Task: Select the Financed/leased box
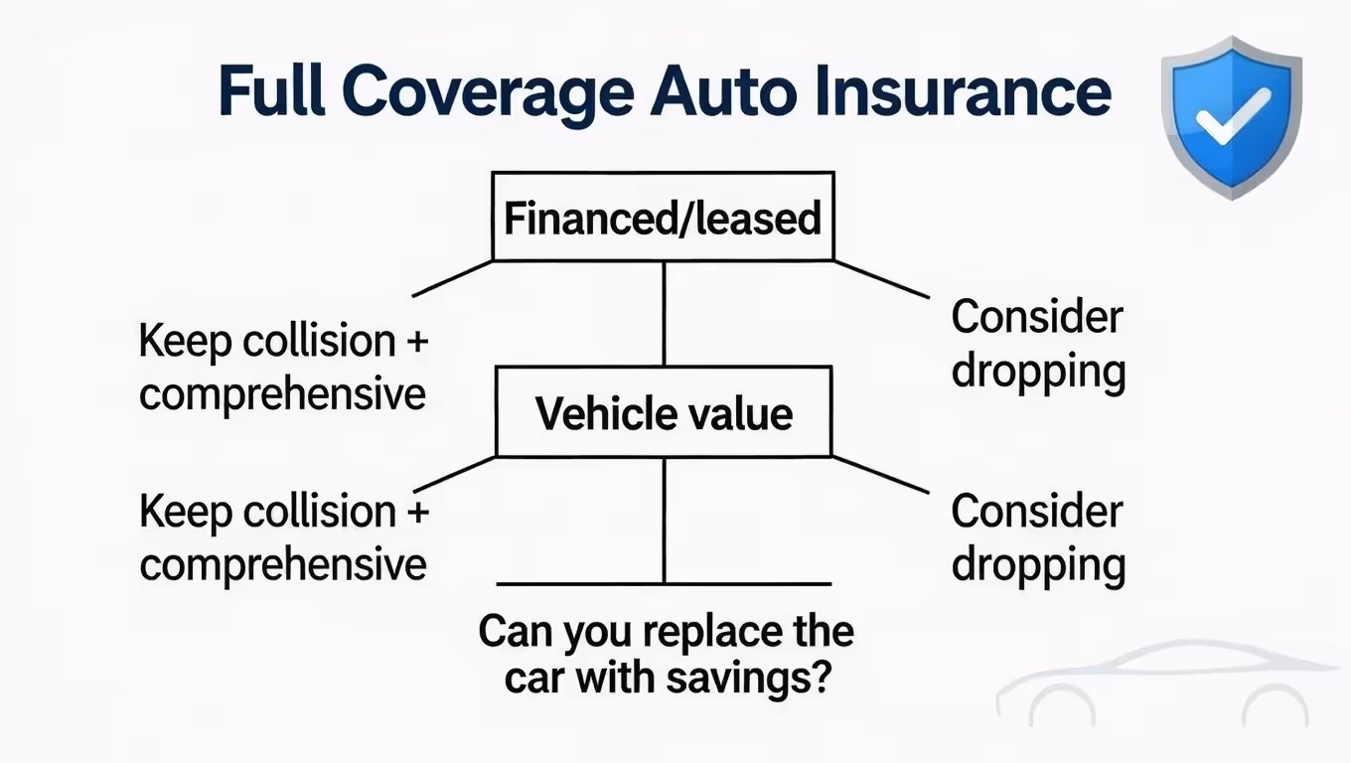pyautogui.click(x=663, y=217)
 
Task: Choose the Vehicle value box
pyautogui.click(x=663, y=412)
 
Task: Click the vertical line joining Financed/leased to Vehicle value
pyautogui.click(x=664, y=313)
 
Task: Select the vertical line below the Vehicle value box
pyautogui.click(x=664, y=520)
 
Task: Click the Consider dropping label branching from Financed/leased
pyautogui.click(x=1037, y=344)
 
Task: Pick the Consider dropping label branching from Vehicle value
pyautogui.click(x=1037, y=537)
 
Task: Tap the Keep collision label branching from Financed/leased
pyautogui.click(x=283, y=368)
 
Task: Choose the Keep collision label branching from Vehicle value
pyautogui.click(x=283, y=537)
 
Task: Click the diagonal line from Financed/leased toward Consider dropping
pyautogui.click(x=880, y=279)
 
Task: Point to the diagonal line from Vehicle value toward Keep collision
pyautogui.click(x=454, y=475)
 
